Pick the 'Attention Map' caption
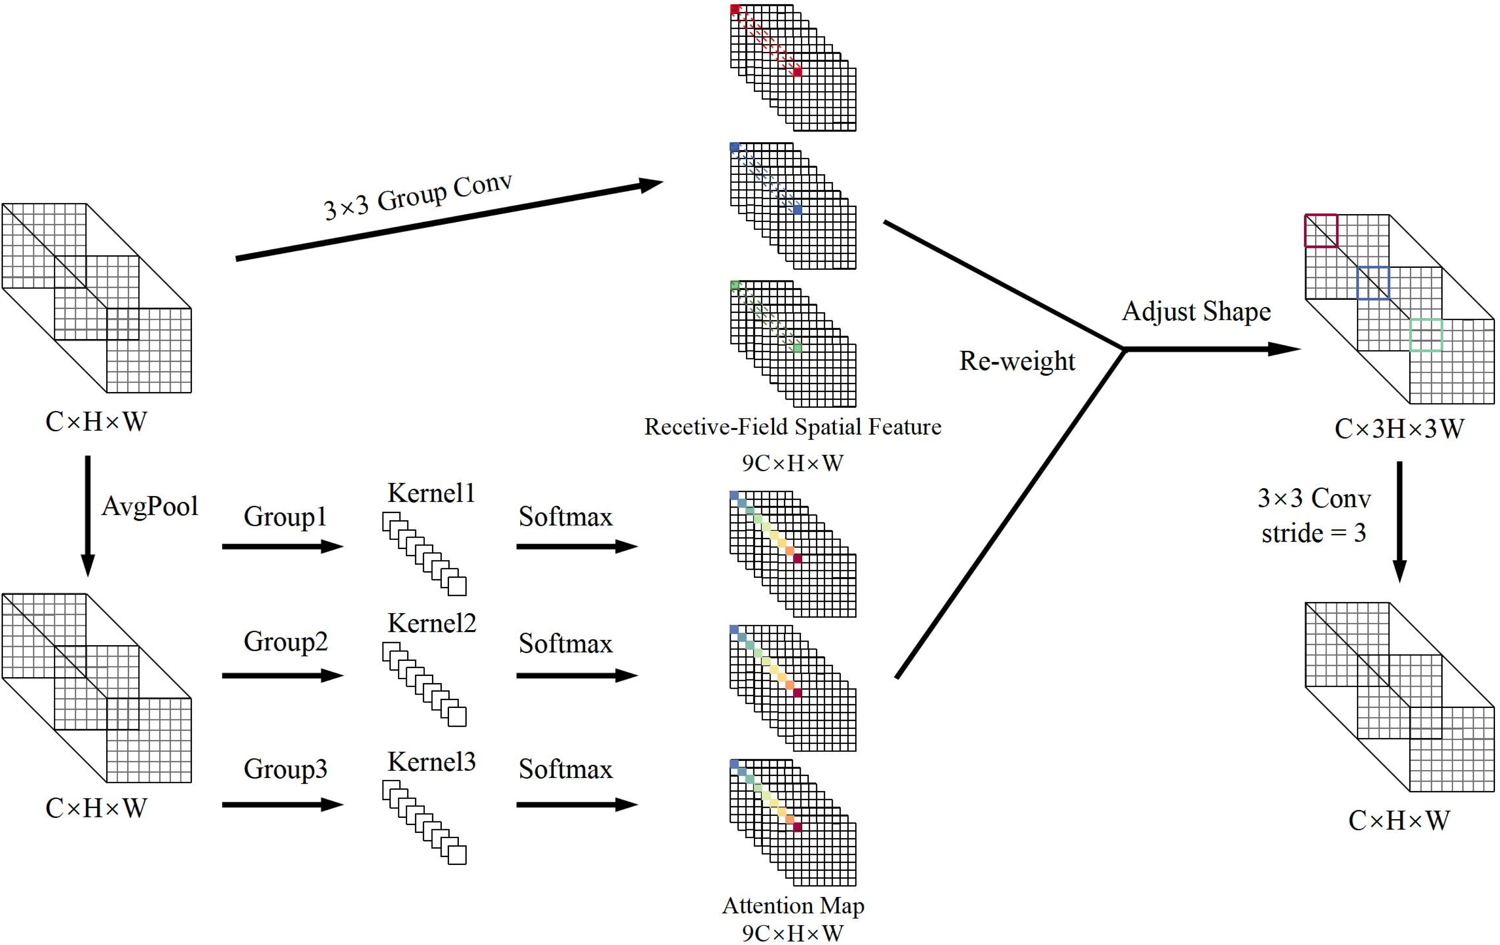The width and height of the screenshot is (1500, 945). [x=792, y=905]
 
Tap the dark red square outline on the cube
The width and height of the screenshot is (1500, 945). [x=1321, y=231]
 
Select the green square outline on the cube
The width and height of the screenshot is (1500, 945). [x=1426, y=335]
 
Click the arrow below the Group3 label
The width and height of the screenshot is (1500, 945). [x=282, y=805]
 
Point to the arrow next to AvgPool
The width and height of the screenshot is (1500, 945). [x=88, y=516]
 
